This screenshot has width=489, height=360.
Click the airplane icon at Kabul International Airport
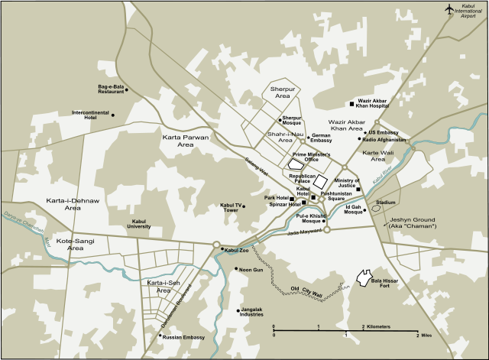[451, 8]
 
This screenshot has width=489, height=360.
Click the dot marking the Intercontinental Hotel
[113, 115]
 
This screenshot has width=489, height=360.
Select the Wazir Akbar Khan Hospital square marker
[351, 103]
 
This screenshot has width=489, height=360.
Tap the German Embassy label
[321, 138]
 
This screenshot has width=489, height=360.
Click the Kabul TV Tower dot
[244, 206]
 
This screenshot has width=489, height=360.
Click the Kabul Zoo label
[237, 250]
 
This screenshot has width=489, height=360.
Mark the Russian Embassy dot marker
[159, 335]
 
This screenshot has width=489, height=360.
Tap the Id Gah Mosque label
[353, 209]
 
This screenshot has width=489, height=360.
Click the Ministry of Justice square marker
[358, 190]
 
